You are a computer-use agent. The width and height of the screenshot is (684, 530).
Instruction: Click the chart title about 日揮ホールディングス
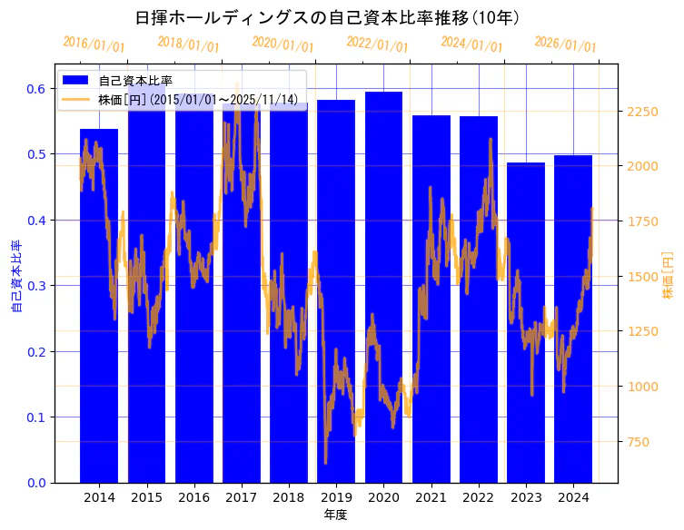[327, 18]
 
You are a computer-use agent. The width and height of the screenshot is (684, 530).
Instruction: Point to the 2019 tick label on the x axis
[336, 497]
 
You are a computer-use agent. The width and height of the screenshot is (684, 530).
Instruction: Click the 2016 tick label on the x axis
[194, 497]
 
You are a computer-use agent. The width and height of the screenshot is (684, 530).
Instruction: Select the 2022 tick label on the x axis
[479, 497]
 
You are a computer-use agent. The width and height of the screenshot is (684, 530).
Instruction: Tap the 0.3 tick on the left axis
[35, 286]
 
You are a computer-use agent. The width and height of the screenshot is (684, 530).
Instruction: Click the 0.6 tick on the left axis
[35, 89]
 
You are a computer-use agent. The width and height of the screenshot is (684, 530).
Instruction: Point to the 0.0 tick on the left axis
[35, 483]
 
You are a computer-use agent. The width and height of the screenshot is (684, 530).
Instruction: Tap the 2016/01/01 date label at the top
[94, 45]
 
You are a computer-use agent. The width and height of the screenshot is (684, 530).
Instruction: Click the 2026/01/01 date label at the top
[565, 45]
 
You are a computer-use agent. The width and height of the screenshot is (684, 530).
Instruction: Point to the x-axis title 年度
[336, 515]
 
